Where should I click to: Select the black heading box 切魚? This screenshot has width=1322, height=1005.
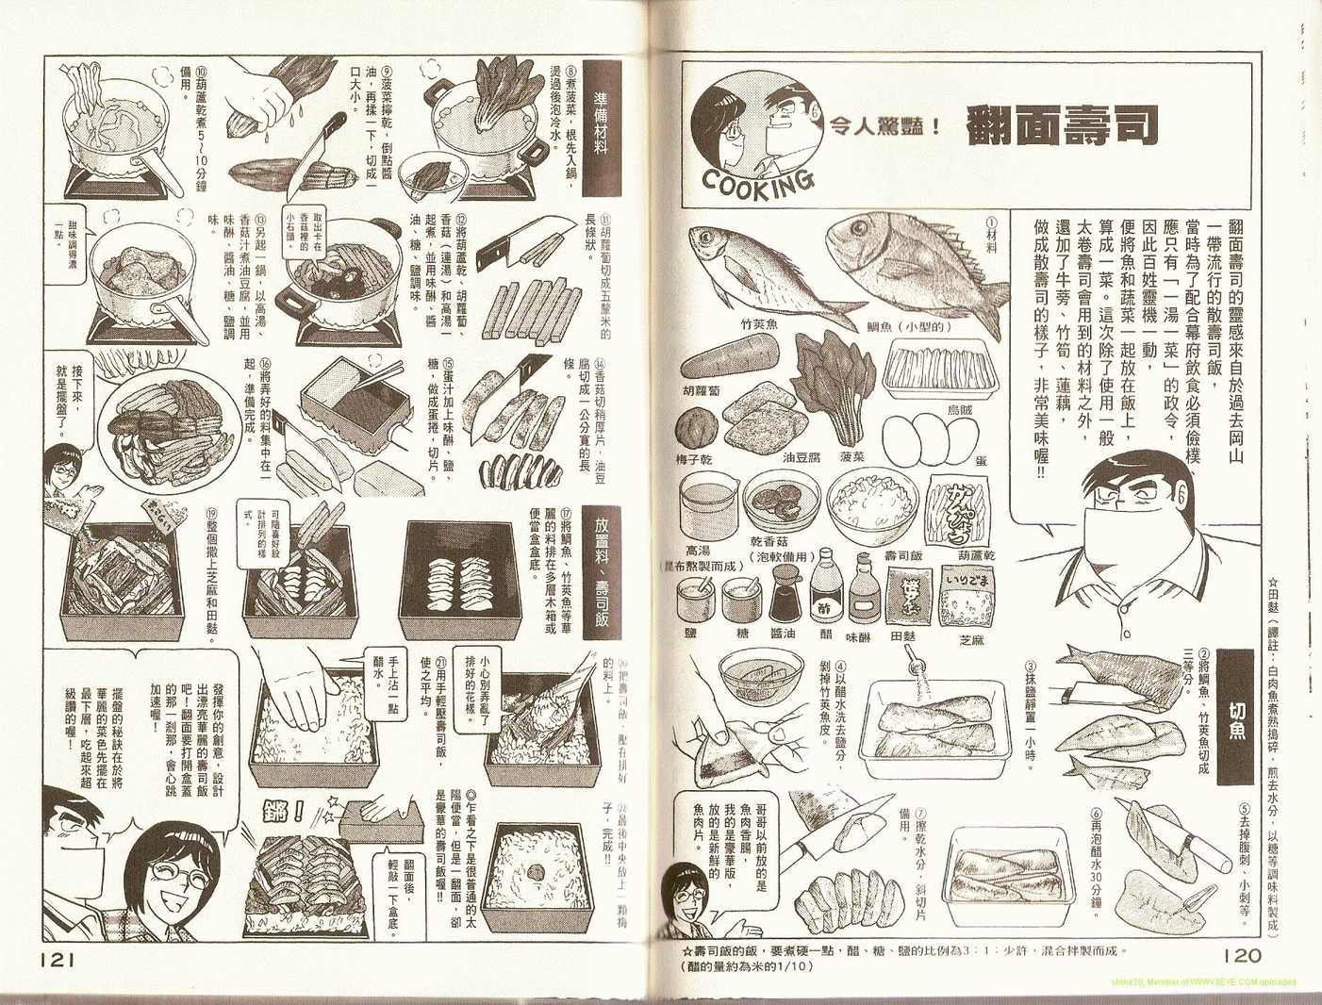click(x=1235, y=717)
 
